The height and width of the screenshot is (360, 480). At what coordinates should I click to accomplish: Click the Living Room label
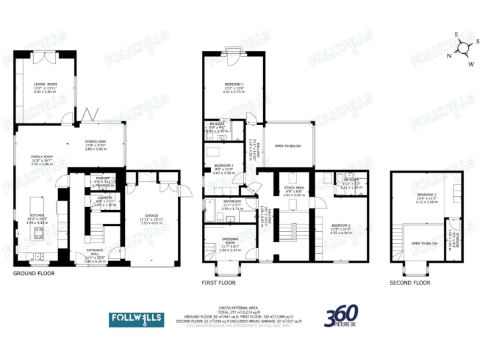click(45, 84)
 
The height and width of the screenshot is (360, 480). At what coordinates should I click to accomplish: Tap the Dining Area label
click(96, 141)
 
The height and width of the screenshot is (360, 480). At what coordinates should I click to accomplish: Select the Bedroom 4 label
click(224, 165)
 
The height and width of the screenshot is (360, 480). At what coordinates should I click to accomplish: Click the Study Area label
click(294, 187)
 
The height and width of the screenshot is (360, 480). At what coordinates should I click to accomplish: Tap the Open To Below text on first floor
click(287, 146)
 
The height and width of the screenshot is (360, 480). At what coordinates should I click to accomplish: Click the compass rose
click(463, 47)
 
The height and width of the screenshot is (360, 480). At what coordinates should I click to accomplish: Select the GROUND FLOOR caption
click(34, 273)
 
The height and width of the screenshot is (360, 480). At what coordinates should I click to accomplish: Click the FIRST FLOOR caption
click(218, 282)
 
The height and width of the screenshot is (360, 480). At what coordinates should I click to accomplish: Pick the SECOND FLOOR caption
click(409, 282)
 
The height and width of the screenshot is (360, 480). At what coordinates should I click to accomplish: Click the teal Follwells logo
click(136, 319)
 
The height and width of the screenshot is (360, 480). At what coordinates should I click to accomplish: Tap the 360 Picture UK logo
click(341, 317)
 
